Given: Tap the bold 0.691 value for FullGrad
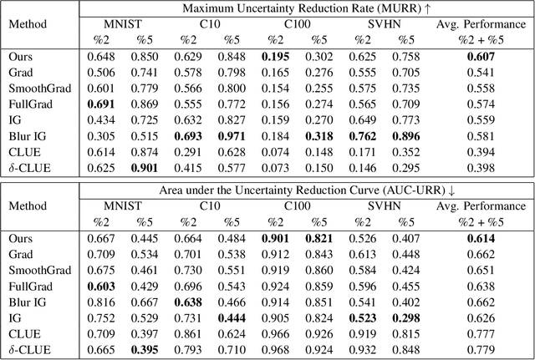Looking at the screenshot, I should pos(104,102).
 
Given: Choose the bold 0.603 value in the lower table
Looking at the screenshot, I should pos(104,285).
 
